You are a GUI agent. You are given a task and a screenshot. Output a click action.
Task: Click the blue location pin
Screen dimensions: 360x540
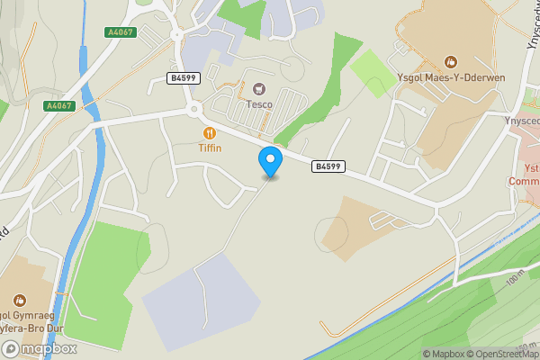point(270,161)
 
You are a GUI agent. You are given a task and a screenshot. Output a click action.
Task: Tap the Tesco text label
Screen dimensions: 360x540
point(260,103)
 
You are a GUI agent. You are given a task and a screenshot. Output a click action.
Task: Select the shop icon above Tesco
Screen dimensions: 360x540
point(260,88)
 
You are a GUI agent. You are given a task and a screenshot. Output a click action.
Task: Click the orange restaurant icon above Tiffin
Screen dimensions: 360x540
point(210,133)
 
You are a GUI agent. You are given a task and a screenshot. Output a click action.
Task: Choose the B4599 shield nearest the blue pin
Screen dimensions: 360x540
point(328,166)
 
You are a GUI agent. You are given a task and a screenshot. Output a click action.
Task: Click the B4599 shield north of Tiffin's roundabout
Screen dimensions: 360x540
point(184,78)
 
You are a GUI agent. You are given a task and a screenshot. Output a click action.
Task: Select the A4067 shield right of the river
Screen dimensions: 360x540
point(121,32)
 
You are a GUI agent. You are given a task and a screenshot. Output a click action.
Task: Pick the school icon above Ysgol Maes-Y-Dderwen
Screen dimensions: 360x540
point(452,61)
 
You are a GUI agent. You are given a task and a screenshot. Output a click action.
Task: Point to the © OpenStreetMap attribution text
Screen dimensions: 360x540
point(499,354)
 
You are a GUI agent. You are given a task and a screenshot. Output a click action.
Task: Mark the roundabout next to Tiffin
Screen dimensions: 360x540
point(193,112)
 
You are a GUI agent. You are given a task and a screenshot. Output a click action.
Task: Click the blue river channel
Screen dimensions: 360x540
point(87,117)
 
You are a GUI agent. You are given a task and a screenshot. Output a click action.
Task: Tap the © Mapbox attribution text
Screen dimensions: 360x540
point(442,354)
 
